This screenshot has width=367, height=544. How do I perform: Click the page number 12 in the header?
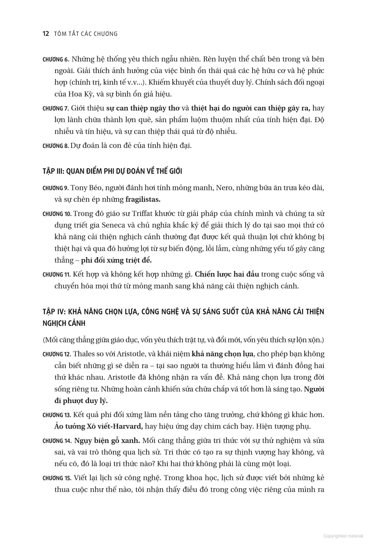46,34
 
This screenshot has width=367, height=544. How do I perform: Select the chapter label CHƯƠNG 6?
56,60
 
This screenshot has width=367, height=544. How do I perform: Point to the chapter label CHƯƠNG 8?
56,146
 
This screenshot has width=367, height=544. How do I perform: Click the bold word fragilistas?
143,199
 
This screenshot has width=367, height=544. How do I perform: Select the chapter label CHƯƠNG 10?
57,214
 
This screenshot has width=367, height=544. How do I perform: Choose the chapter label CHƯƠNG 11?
56,275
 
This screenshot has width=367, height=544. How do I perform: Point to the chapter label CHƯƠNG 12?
57,354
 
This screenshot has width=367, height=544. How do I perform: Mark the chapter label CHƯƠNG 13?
57,415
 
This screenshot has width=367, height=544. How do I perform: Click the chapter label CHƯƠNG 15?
57,478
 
